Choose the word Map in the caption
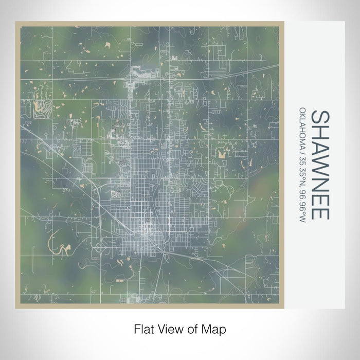tap(213, 328)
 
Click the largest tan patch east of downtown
tap(223, 153)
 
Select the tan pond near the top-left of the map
tap(107, 45)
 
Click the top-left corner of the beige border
tap(16, 22)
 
